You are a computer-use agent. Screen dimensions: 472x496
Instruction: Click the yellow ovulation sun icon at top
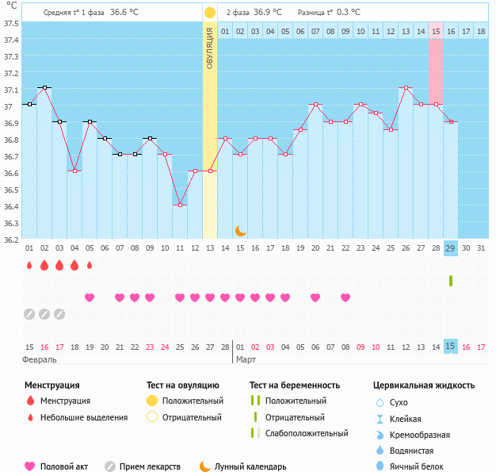coord(209,13)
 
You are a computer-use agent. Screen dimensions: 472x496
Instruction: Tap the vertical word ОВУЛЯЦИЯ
coord(209,48)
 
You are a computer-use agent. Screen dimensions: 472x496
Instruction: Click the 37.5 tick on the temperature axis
coord(11,23)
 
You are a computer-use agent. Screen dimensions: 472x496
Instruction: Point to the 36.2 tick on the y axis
coord(11,240)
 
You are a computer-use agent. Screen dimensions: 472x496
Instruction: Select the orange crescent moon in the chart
coord(240,231)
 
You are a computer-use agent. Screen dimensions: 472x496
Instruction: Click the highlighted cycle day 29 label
coord(450,248)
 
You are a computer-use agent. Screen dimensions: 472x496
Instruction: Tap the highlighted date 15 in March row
coord(450,347)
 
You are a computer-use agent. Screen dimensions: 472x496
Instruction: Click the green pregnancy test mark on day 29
coord(450,281)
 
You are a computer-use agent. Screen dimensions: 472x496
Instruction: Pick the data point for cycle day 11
coord(180,205)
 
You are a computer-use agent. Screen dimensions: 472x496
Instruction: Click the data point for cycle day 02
coord(44,87)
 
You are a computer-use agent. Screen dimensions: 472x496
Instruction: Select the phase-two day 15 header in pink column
coord(436,31)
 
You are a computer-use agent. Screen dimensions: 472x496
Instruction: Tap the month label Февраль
coord(40,359)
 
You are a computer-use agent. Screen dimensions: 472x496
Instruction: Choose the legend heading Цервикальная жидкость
coord(424,385)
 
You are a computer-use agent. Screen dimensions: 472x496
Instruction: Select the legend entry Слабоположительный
coord(307,433)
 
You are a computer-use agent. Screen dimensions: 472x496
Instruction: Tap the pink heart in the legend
coord(31,466)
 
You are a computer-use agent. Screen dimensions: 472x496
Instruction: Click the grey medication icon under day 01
coord(29,314)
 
